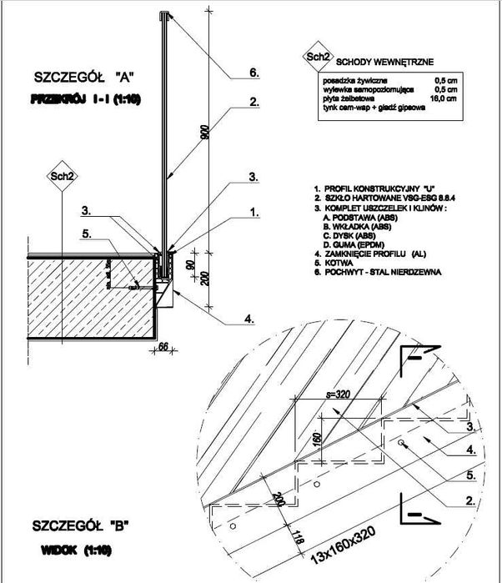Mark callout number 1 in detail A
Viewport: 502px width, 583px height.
[x=254, y=214]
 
